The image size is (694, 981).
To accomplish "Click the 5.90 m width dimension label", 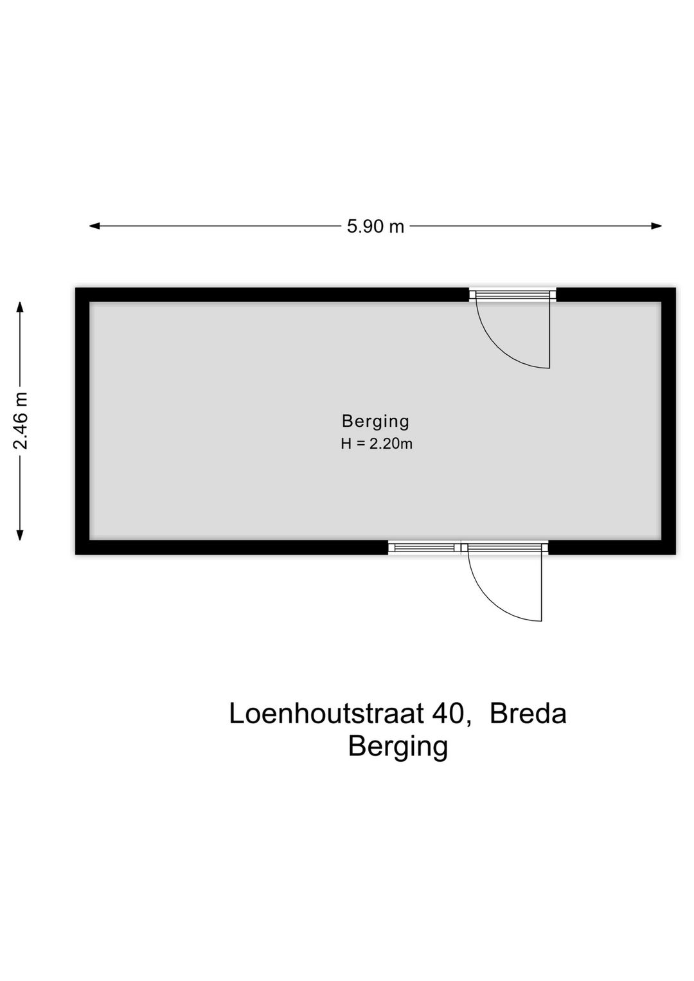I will [375, 226].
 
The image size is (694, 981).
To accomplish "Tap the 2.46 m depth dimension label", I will [21, 420].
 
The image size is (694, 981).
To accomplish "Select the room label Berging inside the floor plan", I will [375, 421].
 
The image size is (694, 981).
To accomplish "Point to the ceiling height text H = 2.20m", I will [376, 444].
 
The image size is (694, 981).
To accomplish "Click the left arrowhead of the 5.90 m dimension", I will [94, 226].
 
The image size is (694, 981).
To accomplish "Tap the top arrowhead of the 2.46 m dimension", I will [20, 307].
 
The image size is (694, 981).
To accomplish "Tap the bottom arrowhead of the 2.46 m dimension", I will [20, 535].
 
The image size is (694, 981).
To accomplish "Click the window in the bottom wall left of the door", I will [423, 548].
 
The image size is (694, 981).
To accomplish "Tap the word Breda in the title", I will [528, 714].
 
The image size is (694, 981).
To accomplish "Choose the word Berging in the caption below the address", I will [398, 747].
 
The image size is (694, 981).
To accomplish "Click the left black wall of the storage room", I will [82, 421].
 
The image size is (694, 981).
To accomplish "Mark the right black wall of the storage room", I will [668, 421].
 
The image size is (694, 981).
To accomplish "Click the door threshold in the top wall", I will [512, 295].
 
